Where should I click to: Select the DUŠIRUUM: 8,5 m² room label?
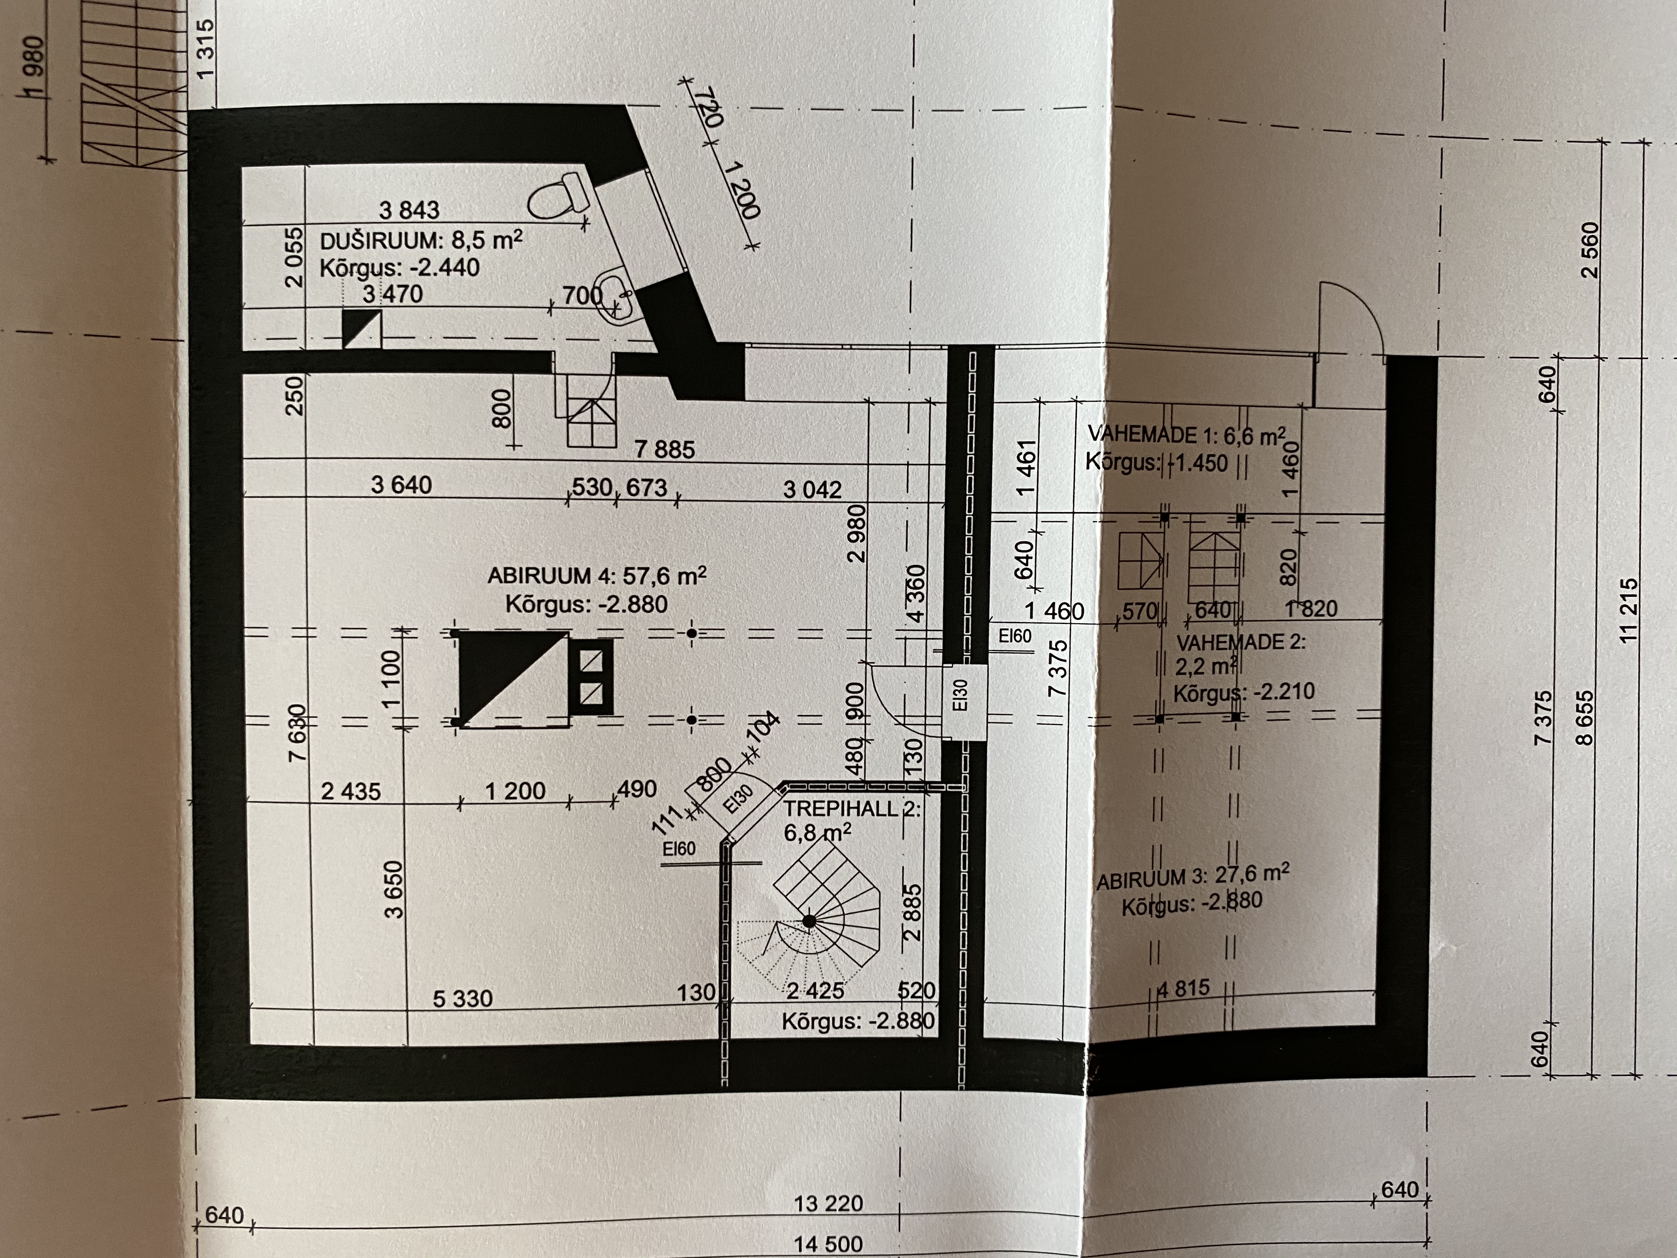coord(421,242)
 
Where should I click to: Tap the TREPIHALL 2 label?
coord(852,809)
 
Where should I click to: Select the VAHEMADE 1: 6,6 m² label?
coord(1187,434)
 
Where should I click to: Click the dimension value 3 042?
coord(812,489)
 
